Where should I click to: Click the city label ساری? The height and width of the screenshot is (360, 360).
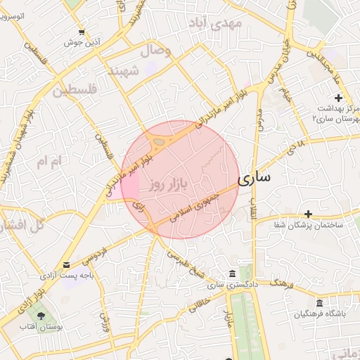click(254, 179)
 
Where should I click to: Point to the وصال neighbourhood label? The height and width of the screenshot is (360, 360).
click(155, 51)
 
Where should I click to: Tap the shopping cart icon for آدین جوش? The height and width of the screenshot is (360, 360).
click(82, 32)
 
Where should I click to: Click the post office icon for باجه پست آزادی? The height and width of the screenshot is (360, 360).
click(66, 264)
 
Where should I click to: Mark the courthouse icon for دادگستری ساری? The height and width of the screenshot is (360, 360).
click(232, 274)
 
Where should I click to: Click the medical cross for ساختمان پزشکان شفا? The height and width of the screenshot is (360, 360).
click(308, 214)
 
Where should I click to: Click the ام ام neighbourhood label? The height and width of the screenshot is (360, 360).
click(49, 162)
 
